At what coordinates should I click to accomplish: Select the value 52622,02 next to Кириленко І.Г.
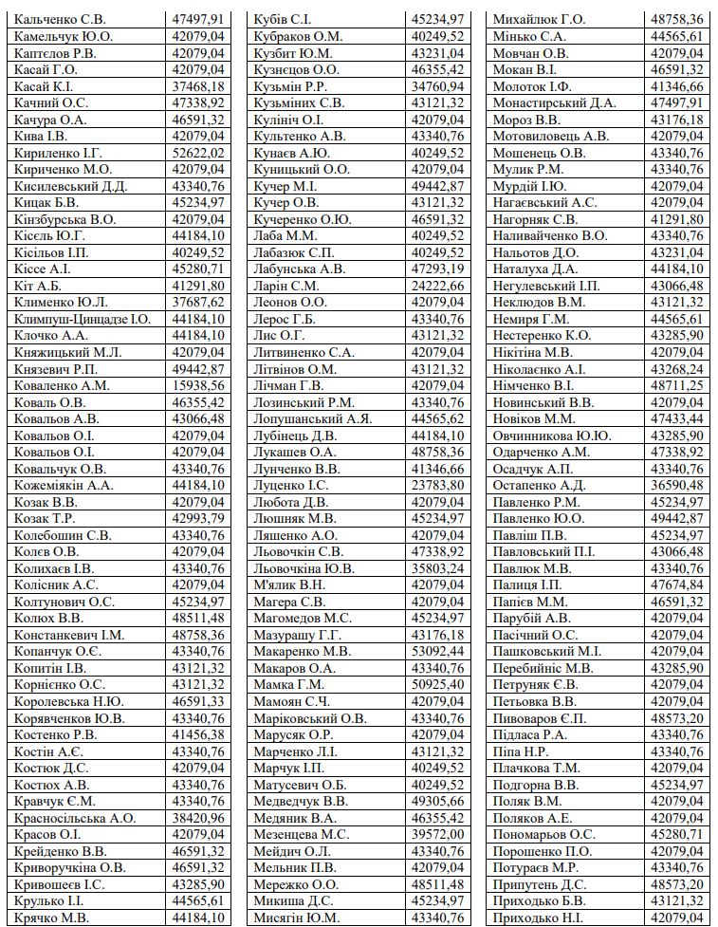[x=198, y=153]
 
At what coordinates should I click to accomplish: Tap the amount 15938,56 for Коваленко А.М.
[x=198, y=385]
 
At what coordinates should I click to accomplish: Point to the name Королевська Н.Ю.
[x=69, y=701]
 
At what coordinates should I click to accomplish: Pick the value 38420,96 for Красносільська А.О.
[x=198, y=817]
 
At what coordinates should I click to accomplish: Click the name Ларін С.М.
[x=285, y=286]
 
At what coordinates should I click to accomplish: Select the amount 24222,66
[x=438, y=286]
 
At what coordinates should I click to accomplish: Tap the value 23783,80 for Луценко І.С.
[x=438, y=485]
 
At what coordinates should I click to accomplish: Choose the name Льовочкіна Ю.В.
[x=304, y=568]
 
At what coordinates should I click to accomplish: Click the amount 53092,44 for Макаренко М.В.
[x=438, y=651]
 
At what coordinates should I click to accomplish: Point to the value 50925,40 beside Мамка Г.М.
[x=438, y=684]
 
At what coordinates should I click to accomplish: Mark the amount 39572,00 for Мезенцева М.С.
[x=438, y=834]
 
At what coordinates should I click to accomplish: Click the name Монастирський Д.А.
[x=554, y=102]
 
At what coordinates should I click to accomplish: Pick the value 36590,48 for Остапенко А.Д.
[x=677, y=485]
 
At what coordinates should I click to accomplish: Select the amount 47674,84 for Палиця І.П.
[x=677, y=584]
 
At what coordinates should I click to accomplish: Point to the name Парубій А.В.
[x=531, y=618]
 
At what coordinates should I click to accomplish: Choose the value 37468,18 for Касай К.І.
[x=198, y=86]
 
